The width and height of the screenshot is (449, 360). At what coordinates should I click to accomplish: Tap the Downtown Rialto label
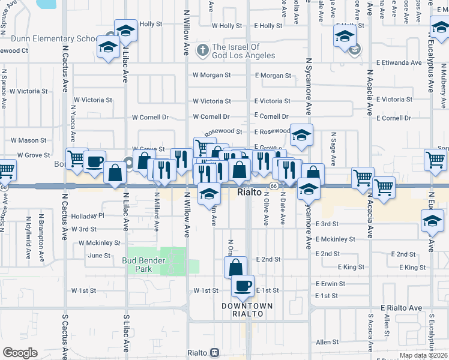pos(247,310)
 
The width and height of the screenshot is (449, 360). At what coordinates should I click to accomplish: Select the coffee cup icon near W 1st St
pos(243,286)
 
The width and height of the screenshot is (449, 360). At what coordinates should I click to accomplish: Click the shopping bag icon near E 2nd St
pos(236,266)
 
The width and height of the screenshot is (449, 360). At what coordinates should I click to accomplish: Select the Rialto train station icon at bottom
pos(213,353)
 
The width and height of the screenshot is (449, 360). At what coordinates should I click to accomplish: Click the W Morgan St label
pos(211,76)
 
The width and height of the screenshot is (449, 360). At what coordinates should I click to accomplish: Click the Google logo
pos(20,353)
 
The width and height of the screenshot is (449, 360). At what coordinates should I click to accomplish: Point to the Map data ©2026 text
pos(423,356)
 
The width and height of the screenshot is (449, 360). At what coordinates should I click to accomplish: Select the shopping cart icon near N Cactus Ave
pos(76,158)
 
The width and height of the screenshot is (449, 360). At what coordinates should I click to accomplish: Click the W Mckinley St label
pos(100,243)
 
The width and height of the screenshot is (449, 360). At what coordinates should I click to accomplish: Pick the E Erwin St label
pos(330,284)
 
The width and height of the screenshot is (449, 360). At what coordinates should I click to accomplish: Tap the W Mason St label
pos(29,140)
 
